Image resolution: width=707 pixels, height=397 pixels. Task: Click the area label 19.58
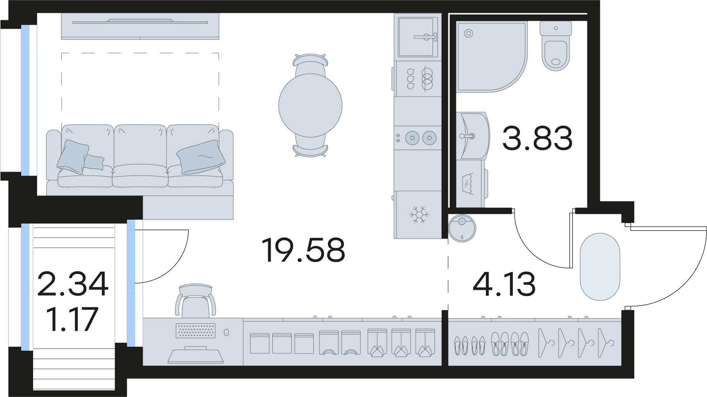(x=304, y=251)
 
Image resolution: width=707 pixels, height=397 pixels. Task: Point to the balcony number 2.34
(x=72, y=285)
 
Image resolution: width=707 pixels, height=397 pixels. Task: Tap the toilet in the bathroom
(x=556, y=46)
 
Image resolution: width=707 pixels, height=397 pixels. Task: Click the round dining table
(x=310, y=105)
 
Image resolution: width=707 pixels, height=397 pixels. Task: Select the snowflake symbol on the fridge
(x=419, y=214)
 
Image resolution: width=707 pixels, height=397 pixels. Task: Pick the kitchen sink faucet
(x=425, y=37)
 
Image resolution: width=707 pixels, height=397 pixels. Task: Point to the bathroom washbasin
(x=473, y=135)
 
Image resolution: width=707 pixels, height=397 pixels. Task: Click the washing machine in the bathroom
(x=471, y=184)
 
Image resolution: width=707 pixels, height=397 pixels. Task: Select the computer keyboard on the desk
(x=196, y=330)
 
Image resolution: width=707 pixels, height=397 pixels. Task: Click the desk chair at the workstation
(x=196, y=300)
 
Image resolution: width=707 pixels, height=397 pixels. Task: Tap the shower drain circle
(x=469, y=33)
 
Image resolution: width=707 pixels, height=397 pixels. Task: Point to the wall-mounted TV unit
(x=140, y=26)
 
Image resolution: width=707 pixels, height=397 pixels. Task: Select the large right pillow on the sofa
(x=201, y=157)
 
